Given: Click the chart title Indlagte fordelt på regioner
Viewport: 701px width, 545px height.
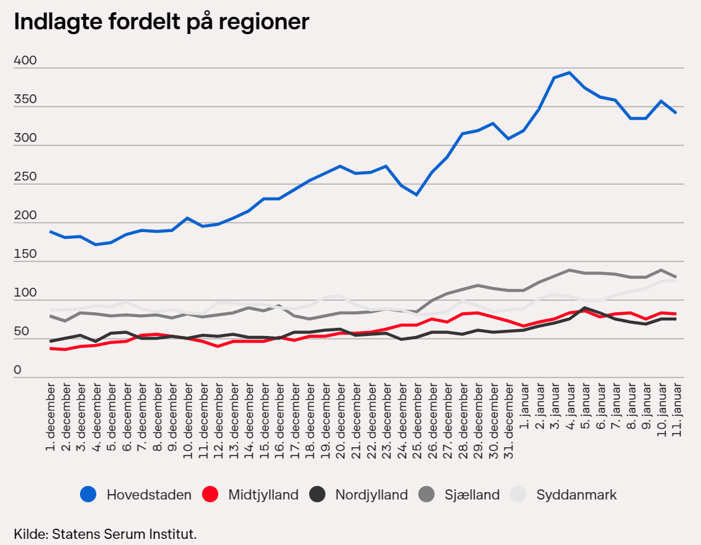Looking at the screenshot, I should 161,22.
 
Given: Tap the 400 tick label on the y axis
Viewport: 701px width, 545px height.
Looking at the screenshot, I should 25,61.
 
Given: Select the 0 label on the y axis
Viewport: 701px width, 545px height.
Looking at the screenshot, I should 18,370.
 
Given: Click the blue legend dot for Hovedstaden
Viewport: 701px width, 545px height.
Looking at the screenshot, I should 88,495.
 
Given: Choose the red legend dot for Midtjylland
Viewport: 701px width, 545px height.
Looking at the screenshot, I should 210,495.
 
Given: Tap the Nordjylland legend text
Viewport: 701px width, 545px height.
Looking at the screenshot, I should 371,495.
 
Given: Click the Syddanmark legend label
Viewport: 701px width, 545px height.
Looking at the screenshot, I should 576,495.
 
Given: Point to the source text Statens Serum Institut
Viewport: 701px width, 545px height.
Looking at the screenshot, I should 105,534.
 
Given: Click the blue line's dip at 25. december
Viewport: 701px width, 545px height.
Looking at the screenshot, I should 417,195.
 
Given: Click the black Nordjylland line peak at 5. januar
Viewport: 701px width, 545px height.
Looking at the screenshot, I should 584,308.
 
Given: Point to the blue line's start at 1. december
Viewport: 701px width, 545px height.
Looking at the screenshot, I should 51,231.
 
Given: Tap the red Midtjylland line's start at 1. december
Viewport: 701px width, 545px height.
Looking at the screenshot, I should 51,348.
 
